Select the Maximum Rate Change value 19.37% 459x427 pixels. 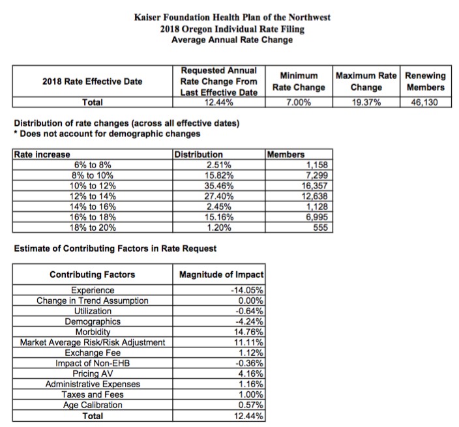pos(366,102)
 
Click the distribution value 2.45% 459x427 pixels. pos(218,206)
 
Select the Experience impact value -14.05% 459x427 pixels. pos(248,290)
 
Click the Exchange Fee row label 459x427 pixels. pos(93,353)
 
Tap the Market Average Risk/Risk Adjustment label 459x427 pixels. pos(93,342)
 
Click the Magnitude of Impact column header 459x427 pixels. pos(222,274)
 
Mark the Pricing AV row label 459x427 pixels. pos(93,374)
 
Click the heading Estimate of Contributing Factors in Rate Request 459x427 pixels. pos(115,248)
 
